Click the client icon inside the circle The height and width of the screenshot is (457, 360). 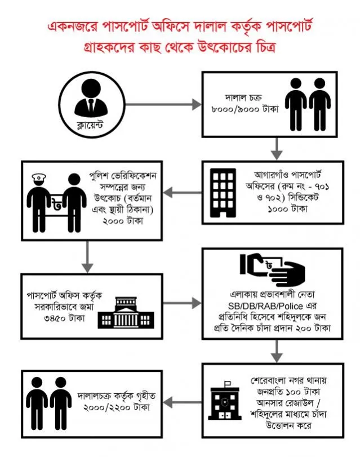click(x=91, y=97)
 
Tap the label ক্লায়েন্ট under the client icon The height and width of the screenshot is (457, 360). click(x=90, y=125)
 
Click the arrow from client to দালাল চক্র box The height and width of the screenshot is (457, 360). click(x=163, y=104)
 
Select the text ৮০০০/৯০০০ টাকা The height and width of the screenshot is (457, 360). click(x=245, y=109)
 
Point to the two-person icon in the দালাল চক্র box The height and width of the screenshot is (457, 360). click(x=308, y=104)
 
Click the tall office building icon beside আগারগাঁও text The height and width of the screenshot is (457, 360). click(x=223, y=193)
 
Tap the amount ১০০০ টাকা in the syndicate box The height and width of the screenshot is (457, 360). click(x=287, y=208)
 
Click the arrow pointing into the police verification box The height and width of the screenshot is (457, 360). click(x=182, y=192)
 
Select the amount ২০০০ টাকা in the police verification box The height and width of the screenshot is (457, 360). click(x=123, y=221)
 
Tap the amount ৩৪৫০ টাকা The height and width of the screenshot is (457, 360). click(x=64, y=318)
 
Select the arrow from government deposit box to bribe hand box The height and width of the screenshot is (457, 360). click(x=182, y=303)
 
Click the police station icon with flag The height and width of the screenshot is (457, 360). click(x=224, y=400)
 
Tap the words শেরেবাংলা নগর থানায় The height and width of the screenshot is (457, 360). click(x=288, y=380)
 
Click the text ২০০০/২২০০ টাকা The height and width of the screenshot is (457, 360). click(x=117, y=407)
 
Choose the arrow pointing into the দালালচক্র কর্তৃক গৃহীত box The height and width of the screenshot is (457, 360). click(x=182, y=402)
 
